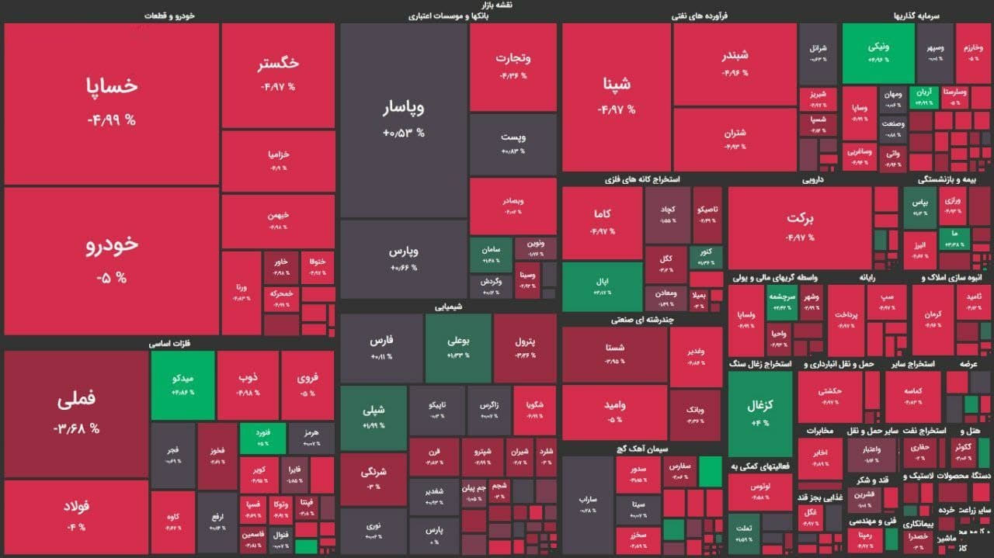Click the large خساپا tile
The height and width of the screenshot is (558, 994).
pyautogui.click(x=111, y=103)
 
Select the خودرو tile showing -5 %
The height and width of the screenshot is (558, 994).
pyautogui.click(x=111, y=260)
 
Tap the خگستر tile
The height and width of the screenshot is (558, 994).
pyautogui.click(x=278, y=75)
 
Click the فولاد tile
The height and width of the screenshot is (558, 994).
pyautogui.click(x=76, y=515)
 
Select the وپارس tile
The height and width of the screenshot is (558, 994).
pyautogui.click(x=403, y=258)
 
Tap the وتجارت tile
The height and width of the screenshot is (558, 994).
pyautogui.click(x=513, y=67)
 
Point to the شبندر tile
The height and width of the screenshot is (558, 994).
pyautogui.click(x=735, y=64)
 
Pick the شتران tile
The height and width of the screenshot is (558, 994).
pyautogui.click(x=735, y=140)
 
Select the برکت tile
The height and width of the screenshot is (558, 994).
pyautogui.click(x=799, y=227)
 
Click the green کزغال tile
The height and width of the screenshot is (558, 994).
pyautogui.click(x=759, y=413)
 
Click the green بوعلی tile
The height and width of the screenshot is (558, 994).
pyautogui.click(x=458, y=348)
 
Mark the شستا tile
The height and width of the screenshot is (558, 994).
pyautogui.click(x=615, y=354)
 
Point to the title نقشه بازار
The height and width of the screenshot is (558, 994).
pyautogui.click(x=497, y=5)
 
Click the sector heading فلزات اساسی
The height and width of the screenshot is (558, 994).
pyautogui.click(x=170, y=342)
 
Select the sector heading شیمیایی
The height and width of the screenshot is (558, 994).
pyautogui.click(x=448, y=307)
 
